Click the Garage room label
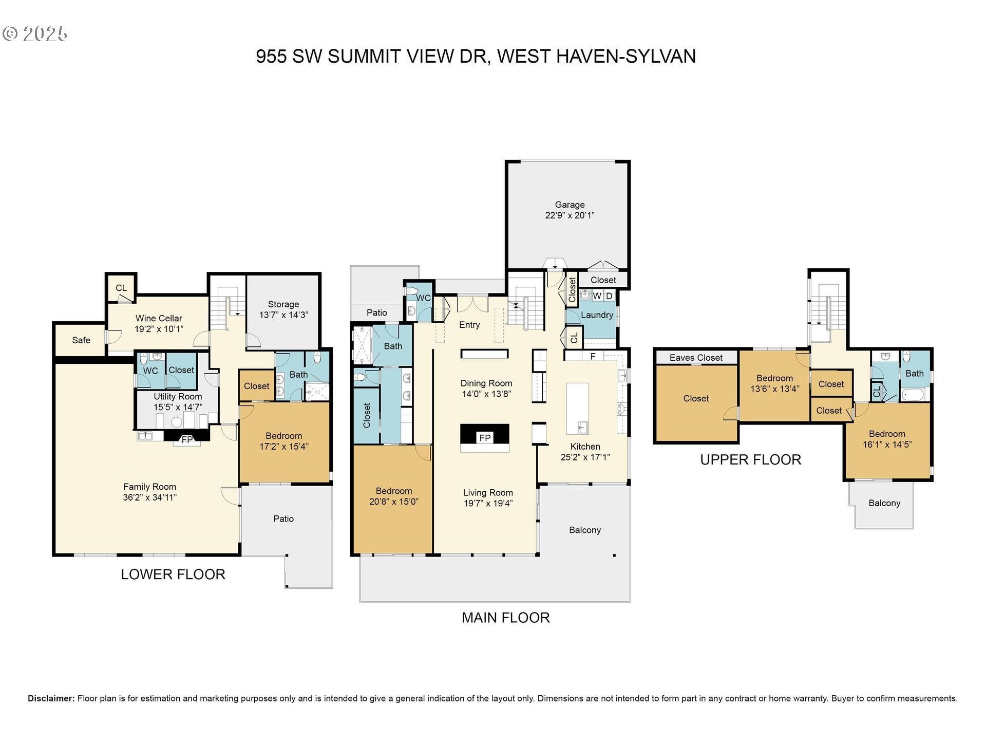570,205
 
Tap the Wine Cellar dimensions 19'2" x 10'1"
159,329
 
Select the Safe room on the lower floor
81,340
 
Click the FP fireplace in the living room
485,438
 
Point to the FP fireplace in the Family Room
187,439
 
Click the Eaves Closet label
696,358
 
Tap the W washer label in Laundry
597,296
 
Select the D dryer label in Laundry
609,296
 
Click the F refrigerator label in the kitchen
593,356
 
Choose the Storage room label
283,304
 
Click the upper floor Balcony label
884,503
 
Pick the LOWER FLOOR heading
173,575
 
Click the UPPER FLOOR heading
750,460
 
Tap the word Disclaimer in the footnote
51,698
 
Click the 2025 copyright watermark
45,34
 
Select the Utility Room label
178,397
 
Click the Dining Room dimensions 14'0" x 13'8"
486,394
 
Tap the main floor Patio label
376,312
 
